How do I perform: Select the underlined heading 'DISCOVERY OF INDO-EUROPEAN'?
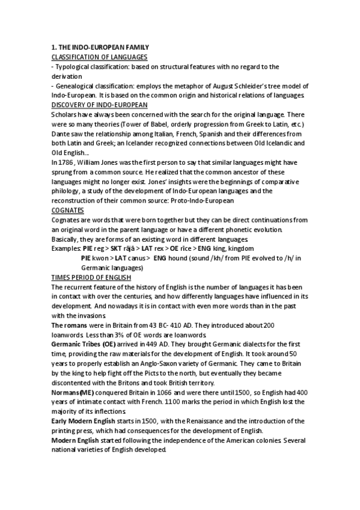pyautogui.click(x=100, y=105)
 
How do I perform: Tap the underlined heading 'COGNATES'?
pyautogui.click(x=67, y=210)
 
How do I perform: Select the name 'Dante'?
pyautogui.click(x=61, y=134)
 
